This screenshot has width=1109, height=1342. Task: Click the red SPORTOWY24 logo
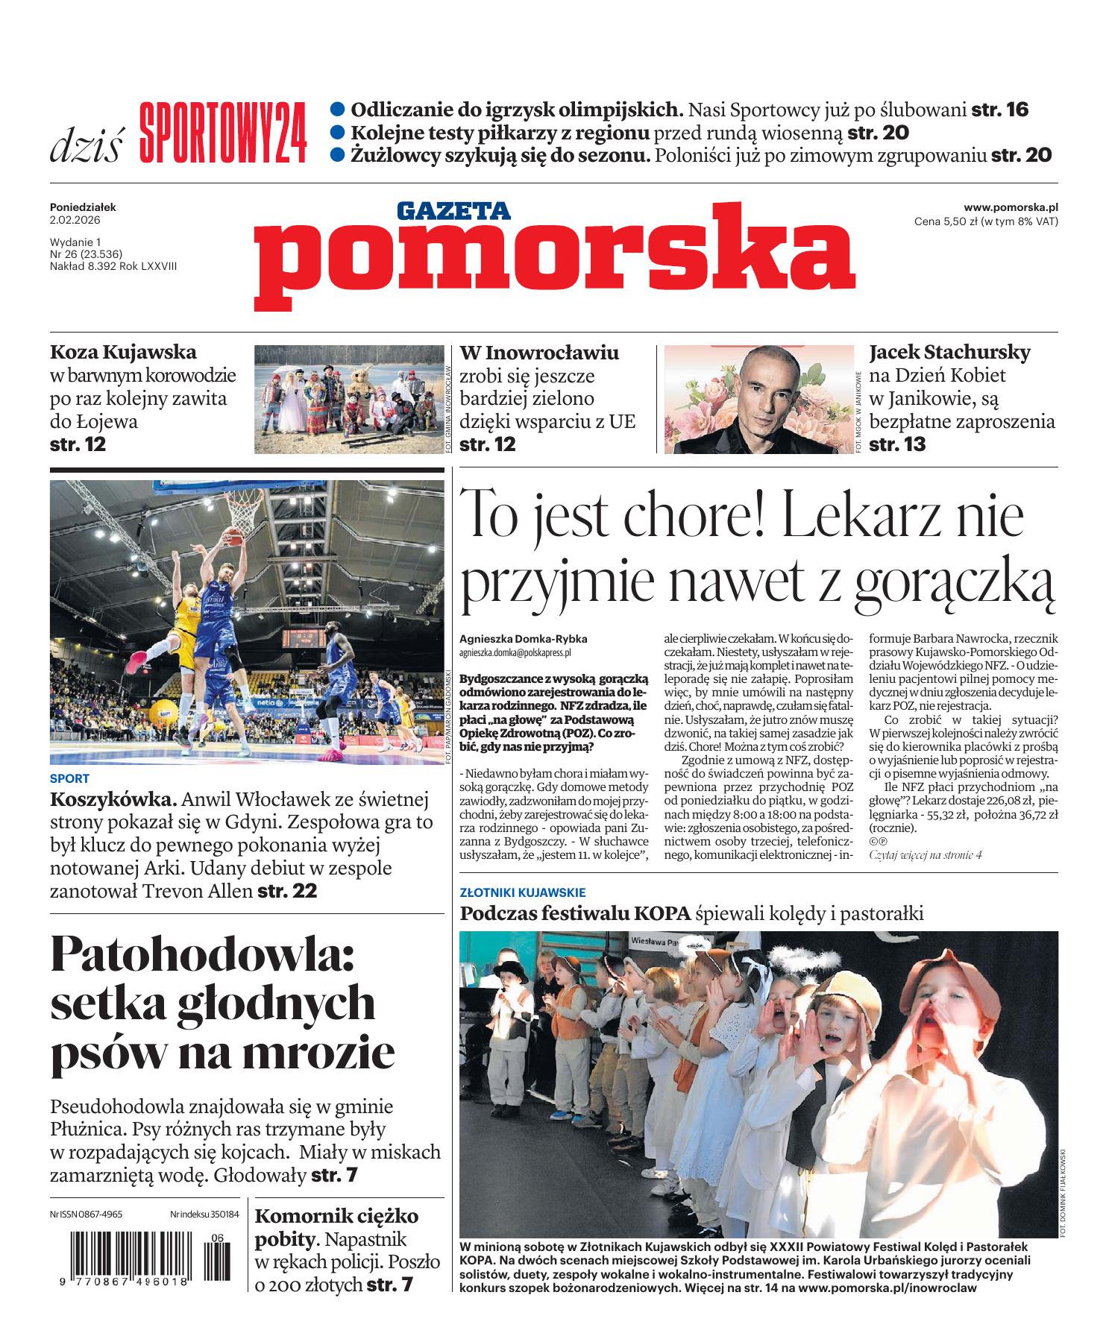pos(222,133)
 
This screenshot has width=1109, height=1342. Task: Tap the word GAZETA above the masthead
pos(453,212)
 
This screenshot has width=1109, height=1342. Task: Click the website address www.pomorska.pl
pos(1011,208)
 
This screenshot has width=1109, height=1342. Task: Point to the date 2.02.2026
pos(75,221)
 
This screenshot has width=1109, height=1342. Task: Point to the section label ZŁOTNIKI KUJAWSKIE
pos(523,892)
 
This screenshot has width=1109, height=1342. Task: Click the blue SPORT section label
pos(69,779)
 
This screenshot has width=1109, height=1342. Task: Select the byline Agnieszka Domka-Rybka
pos(524,639)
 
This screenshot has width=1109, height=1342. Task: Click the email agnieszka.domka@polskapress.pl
pos(515,652)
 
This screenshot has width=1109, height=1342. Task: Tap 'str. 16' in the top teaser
pos(999,110)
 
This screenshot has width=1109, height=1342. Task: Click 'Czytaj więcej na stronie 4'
pos(926,855)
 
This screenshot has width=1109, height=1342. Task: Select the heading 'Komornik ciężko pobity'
pos(336,1228)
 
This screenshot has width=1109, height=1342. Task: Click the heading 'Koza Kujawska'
pos(123,352)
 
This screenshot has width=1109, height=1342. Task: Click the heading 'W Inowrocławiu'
pos(539,352)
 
